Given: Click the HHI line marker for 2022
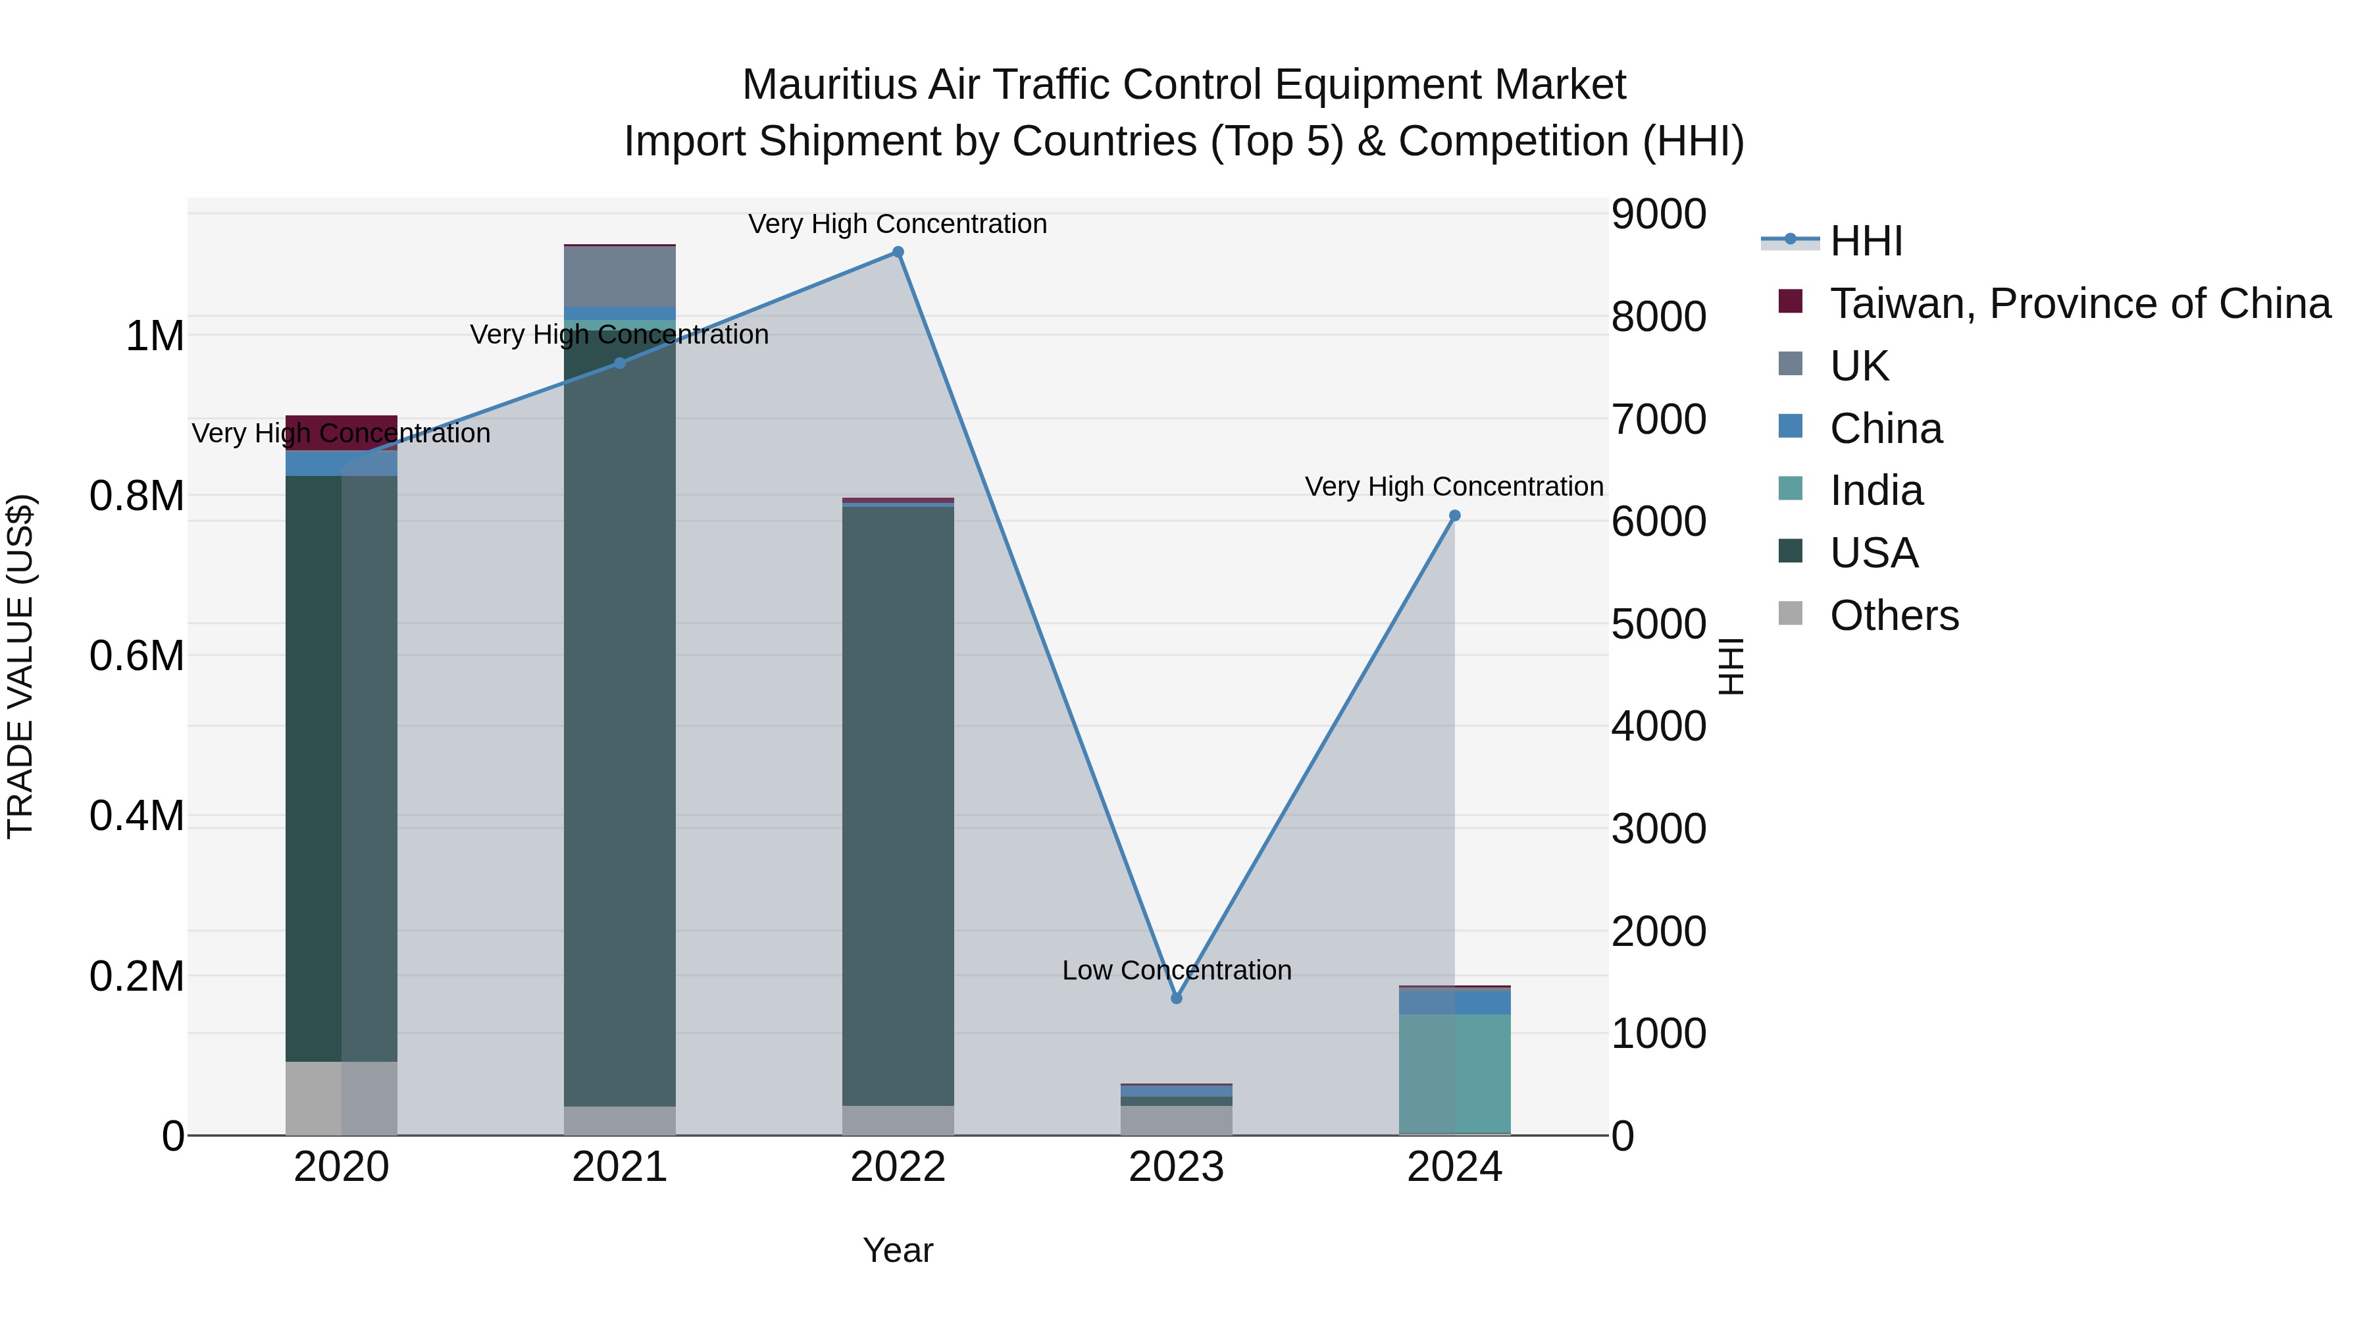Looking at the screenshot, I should [x=898, y=252].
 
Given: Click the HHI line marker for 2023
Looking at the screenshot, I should [x=1176, y=998].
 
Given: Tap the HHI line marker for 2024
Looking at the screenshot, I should [x=1454, y=516].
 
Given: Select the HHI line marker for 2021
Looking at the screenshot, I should [x=620, y=363].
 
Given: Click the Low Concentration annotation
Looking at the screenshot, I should [x=1176, y=970].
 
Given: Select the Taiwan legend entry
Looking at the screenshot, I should [x=2078, y=303].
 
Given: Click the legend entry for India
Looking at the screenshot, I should [x=1876, y=490].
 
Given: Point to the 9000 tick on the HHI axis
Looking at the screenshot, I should [x=1658, y=215].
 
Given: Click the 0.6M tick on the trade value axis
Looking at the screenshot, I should [x=137, y=656].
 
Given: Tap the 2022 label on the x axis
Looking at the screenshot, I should [x=898, y=1167].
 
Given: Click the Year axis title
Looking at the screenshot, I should [x=898, y=1250].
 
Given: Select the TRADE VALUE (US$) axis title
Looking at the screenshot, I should [x=20, y=666].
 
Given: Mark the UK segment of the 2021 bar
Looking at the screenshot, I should [x=620, y=276].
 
